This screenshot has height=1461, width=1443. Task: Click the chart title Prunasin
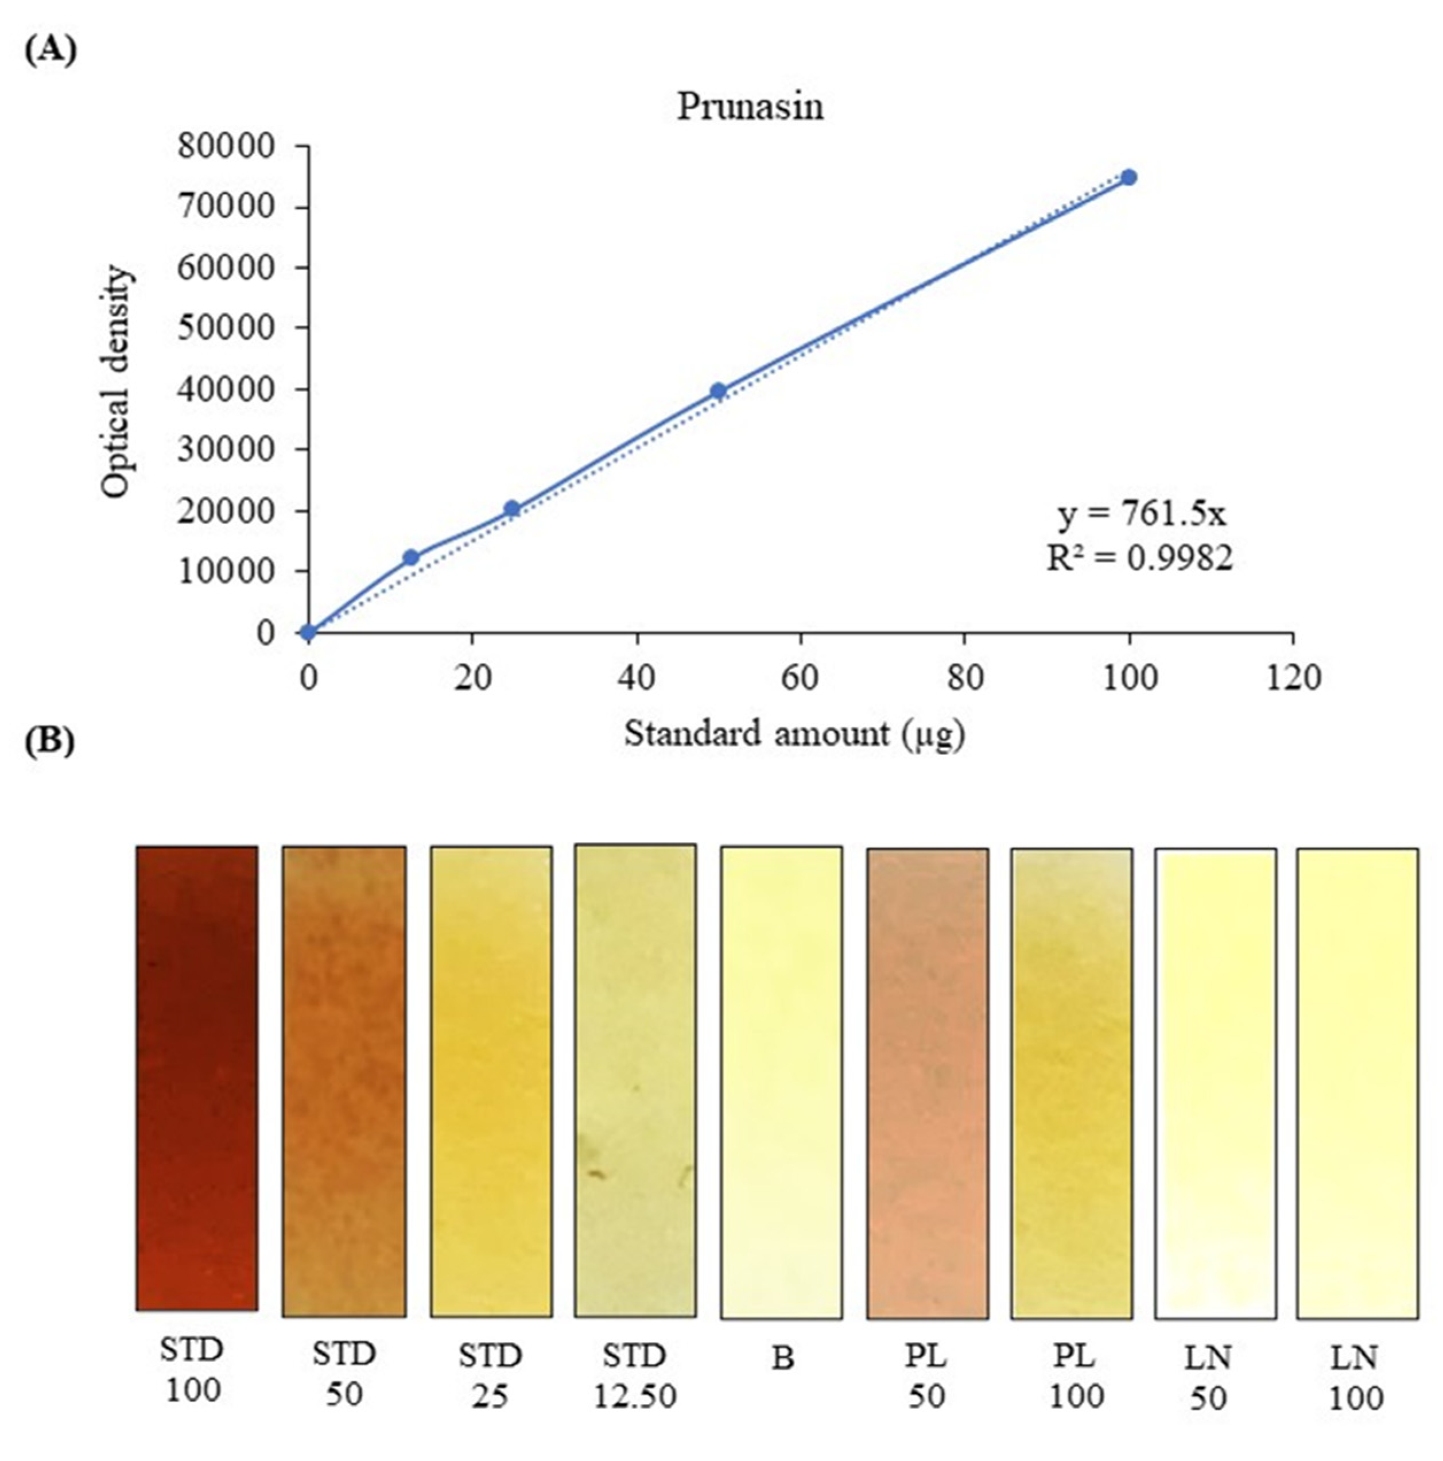[x=748, y=107]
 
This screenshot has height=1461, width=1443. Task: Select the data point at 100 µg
[x=1128, y=177]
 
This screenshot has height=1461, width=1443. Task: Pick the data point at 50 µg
[x=717, y=391]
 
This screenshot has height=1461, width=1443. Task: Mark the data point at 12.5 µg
[x=410, y=557]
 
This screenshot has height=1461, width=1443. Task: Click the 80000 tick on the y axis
[x=226, y=146]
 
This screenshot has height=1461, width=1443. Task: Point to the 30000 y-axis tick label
[x=226, y=449]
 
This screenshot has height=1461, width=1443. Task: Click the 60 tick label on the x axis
[x=800, y=677]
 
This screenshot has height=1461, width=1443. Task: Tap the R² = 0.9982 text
[x=1139, y=558]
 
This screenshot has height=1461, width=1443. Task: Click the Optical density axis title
[x=117, y=382]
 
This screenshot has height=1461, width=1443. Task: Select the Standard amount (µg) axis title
[x=794, y=734]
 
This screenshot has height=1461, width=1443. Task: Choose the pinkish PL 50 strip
[x=926, y=1082]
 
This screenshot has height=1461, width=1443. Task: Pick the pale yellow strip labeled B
[x=781, y=1082]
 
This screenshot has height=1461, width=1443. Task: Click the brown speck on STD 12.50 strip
[x=597, y=1175]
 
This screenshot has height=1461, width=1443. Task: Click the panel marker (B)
[x=50, y=742]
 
